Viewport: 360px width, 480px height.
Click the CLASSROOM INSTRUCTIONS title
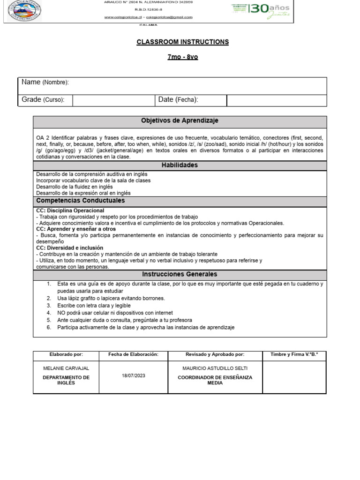coord(182,42)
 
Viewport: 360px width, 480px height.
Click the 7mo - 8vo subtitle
coord(182,57)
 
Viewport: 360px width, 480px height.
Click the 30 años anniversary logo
coord(261,10)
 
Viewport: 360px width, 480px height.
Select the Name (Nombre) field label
coord(45,82)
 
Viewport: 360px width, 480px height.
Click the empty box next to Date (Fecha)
coord(276,100)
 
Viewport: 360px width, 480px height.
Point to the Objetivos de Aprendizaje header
coord(180,121)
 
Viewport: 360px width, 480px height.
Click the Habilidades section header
coord(180,165)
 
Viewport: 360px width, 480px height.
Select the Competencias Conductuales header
coord(81,201)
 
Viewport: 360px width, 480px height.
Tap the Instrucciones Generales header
coord(180,274)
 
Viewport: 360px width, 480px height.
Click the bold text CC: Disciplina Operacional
coord(70,210)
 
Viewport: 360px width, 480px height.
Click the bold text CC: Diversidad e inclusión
coord(69,247)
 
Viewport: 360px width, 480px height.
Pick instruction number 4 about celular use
coord(115,313)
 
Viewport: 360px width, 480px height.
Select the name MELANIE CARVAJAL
coord(66,368)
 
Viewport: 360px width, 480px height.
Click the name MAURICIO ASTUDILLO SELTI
coord(215,368)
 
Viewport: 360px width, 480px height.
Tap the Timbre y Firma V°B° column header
coord(294,355)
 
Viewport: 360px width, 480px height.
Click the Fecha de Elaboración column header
coord(133,355)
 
